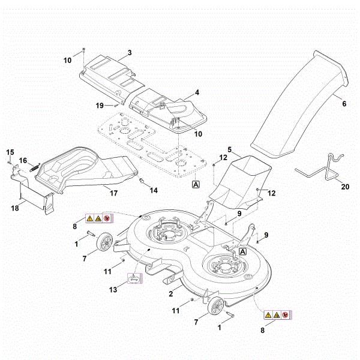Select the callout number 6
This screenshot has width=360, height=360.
click(x=344, y=104)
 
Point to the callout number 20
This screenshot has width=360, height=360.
click(x=344, y=186)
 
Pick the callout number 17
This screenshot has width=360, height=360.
click(x=112, y=193)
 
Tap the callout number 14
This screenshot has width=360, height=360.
click(x=154, y=190)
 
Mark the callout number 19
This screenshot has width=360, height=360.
click(x=101, y=105)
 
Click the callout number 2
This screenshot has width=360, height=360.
click(x=171, y=293)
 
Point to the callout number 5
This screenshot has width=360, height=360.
click(x=229, y=148)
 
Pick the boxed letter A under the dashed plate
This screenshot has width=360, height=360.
click(x=196, y=184)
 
